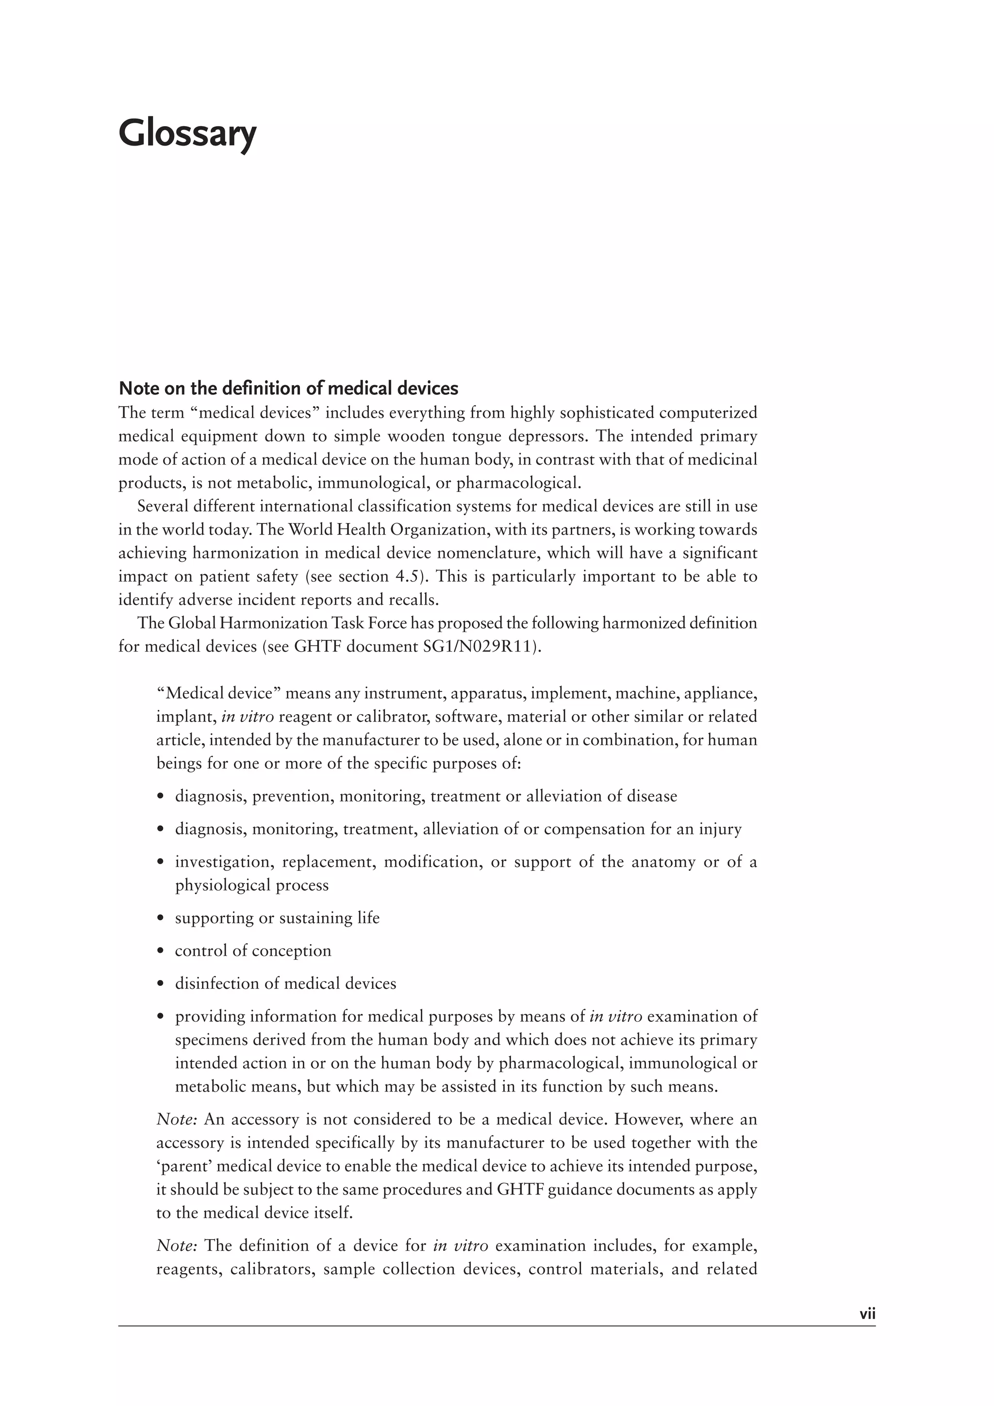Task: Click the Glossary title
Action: (x=187, y=134)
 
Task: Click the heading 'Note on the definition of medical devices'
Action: (x=288, y=388)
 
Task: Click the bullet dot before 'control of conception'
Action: (x=161, y=951)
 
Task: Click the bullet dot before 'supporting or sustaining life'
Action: (x=161, y=918)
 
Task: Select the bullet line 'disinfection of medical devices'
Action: (x=285, y=983)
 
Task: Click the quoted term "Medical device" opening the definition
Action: (x=218, y=693)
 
